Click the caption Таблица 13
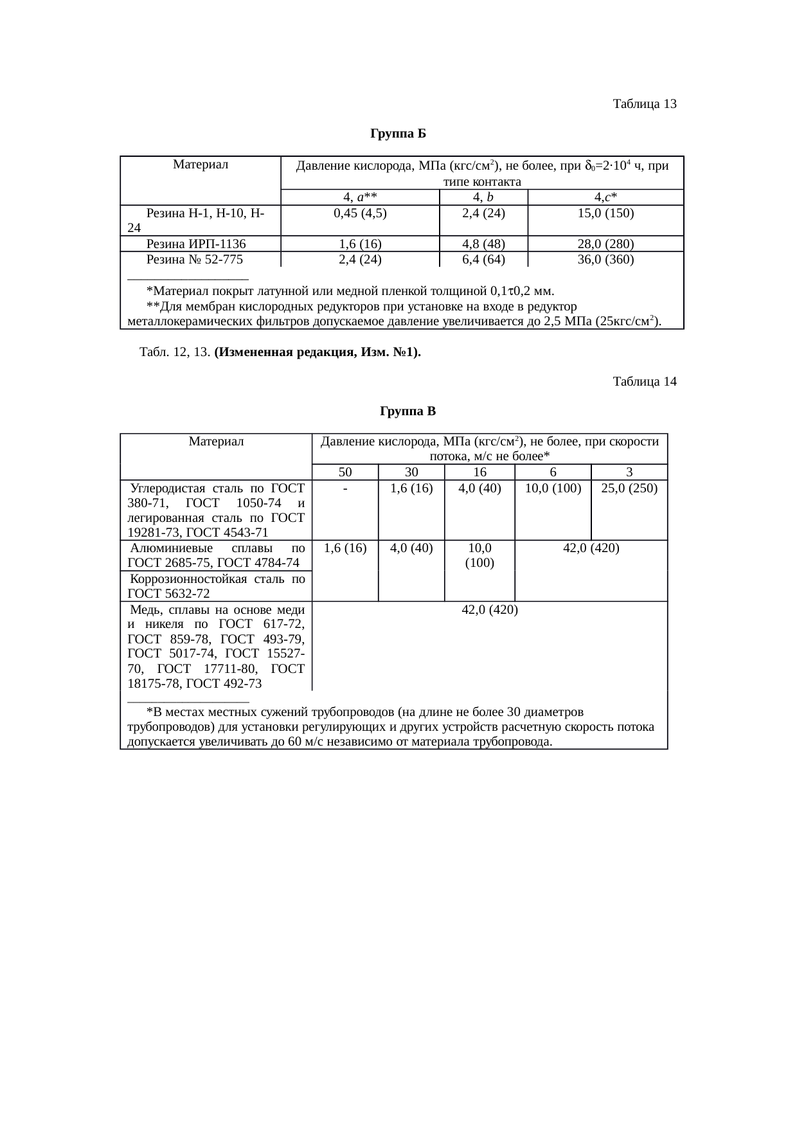[x=645, y=103]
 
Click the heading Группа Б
[x=398, y=134]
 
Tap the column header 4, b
[x=483, y=197]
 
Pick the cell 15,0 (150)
[x=605, y=213]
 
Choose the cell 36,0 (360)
[x=605, y=260]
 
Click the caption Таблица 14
[x=645, y=382]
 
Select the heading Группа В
[x=408, y=411]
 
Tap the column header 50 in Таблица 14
[x=345, y=472]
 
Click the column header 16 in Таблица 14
[x=479, y=472]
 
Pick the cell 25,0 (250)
[x=629, y=488]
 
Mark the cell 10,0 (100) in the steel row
[x=553, y=488]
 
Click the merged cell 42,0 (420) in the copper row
[x=490, y=609]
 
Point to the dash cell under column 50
[x=345, y=488]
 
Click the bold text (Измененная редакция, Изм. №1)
[x=318, y=352]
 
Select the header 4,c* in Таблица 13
[x=605, y=197]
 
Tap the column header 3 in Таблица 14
[x=629, y=472]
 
